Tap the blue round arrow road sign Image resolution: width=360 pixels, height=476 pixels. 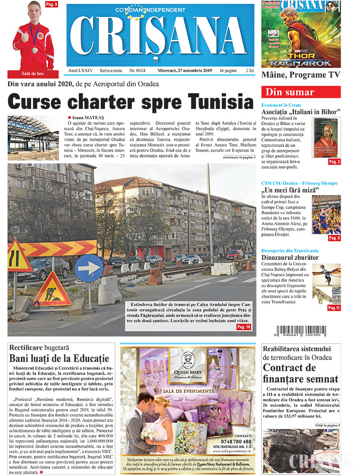[x=89, y=269]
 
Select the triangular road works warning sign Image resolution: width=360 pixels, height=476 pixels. [x=52, y=290]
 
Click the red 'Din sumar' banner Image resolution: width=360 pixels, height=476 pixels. [x=301, y=92]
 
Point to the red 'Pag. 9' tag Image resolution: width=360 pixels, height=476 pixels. [x=51, y=4]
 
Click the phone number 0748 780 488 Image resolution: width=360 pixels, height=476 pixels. [x=237, y=441]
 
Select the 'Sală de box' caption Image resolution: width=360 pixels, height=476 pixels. [x=33, y=74]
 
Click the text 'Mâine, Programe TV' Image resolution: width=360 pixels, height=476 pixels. [x=301, y=75]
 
